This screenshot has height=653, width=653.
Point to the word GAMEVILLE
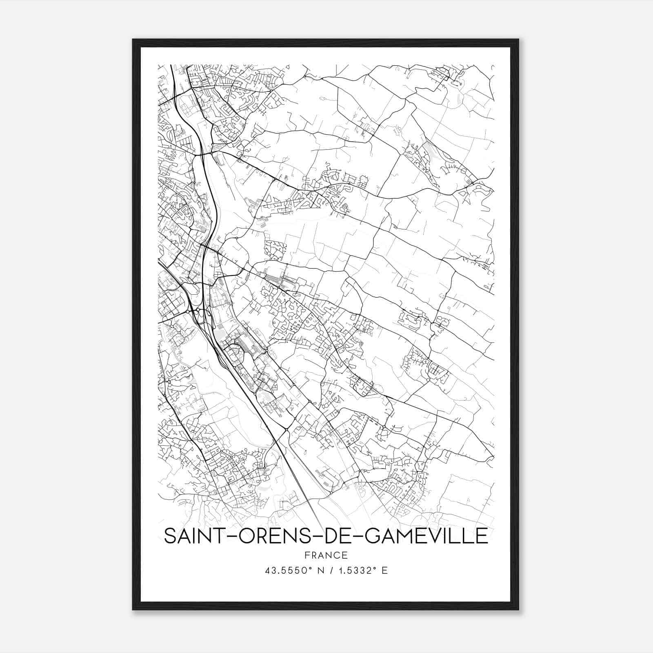(426, 536)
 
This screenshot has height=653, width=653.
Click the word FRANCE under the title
(326, 555)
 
